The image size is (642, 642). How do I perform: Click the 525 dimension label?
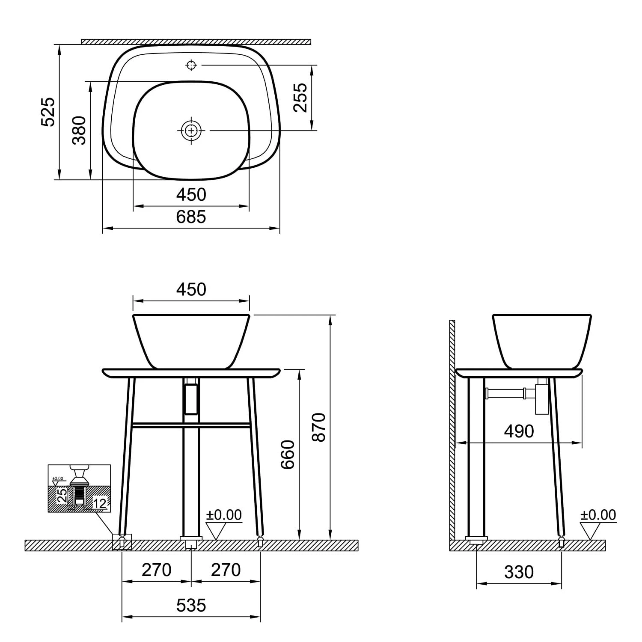pyautogui.click(x=48, y=112)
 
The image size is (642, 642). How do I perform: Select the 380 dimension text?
pyautogui.click(x=79, y=130)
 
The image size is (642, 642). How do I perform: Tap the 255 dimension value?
pyautogui.click(x=300, y=98)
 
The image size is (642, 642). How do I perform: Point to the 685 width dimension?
pyautogui.click(x=191, y=217)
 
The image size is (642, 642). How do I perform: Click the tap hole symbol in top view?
pyautogui.click(x=191, y=65)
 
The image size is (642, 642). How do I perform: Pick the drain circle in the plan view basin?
pyautogui.click(x=191, y=130)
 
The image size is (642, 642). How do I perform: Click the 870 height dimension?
pyautogui.click(x=319, y=427)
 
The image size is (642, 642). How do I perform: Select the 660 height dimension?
pyautogui.click(x=288, y=455)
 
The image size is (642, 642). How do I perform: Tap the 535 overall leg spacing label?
pyautogui.click(x=191, y=605)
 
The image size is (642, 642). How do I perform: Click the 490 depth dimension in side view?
pyautogui.click(x=519, y=431)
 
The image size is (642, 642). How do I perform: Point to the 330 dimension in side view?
pyautogui.click(x=519, y=572)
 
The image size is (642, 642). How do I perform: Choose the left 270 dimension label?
pyautogui.click(x=157, y=570)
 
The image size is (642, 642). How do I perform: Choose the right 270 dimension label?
pyautogui.click(x=226, y=570)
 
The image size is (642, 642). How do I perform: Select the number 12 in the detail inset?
pyautogui.click(x=99, y=504)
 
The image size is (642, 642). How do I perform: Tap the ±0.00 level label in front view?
pyautogui.click(x=224, y=515)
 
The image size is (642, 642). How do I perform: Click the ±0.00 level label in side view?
pyautogui.click(x=598, y=515)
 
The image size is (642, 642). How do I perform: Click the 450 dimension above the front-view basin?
pyautogui.click(x=191, y=290)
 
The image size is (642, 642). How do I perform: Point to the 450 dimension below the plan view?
pyautogui.click(x=191, y=195)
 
